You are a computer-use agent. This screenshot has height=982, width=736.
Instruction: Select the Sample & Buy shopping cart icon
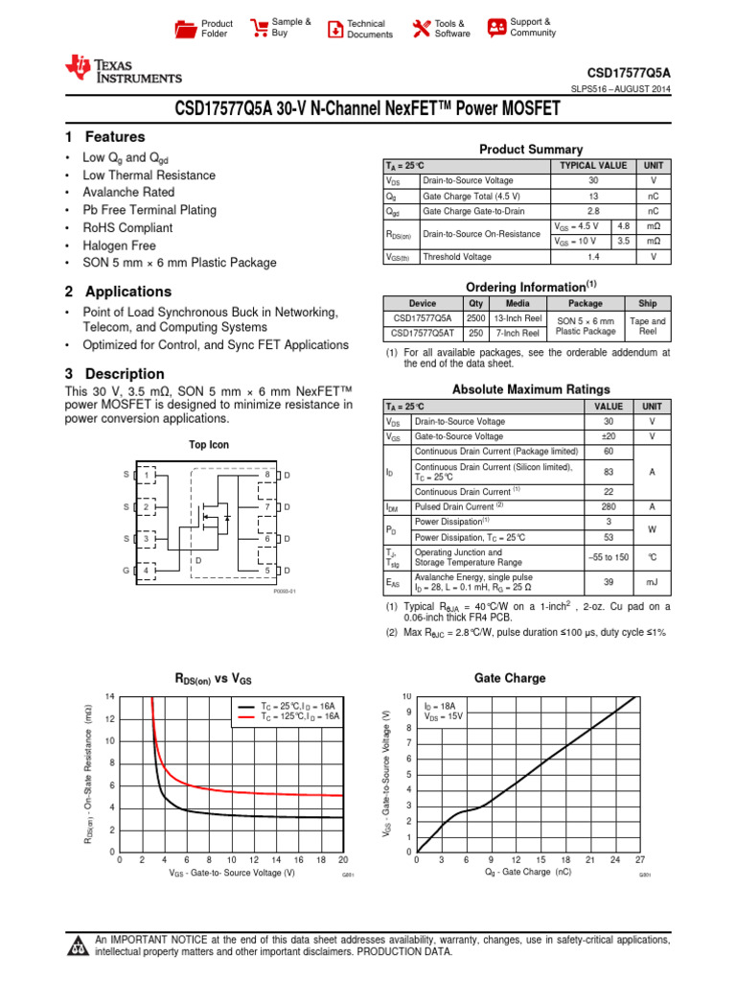(x=258, y=28)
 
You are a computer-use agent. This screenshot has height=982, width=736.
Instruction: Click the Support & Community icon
(x=496, y=27)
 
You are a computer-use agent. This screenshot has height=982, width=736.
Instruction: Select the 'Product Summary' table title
(x=530, y=150)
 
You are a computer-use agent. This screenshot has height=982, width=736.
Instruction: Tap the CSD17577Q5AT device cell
(x=423, y=333)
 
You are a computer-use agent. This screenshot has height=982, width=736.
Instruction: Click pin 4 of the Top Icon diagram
(x=146, y=572)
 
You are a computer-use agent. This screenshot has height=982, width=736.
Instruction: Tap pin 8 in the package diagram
(x=266, y=476)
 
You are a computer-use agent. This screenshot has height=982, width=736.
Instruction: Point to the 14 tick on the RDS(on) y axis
(x=109, y=696)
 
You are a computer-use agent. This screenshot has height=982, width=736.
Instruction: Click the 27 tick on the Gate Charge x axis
(x=640, y=860)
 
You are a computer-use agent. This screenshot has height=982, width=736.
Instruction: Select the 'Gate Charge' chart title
(x=510, y=678)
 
